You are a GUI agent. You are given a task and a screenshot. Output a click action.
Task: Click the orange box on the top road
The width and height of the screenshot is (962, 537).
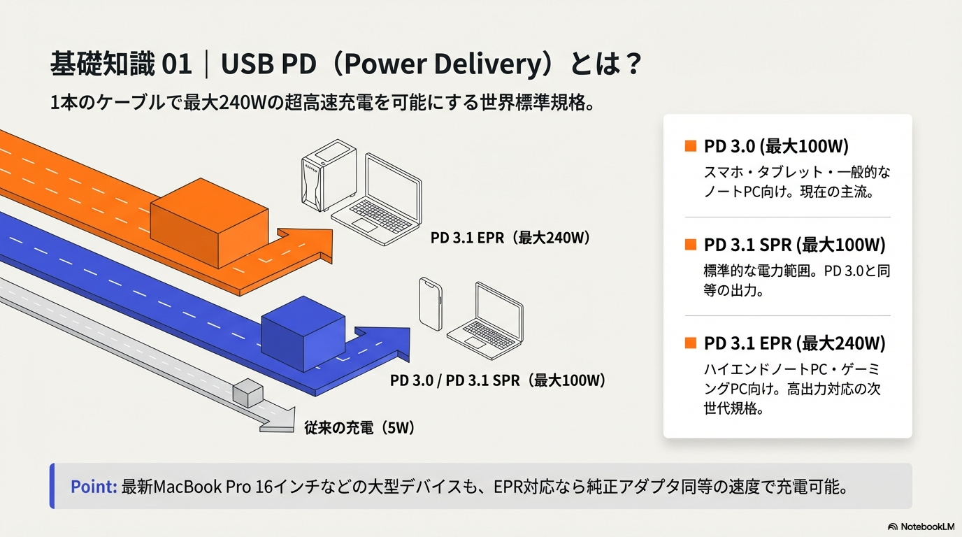tap(210, 222)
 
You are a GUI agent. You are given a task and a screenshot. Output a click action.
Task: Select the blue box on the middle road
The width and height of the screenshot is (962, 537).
tap(303, 334)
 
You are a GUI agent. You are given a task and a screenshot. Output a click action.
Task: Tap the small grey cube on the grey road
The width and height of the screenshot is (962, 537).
tap(245, 393)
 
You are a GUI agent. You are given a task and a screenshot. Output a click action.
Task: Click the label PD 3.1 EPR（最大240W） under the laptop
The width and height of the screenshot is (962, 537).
tap(511, 238)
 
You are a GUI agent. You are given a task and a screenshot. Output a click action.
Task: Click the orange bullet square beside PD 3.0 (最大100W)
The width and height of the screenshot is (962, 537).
tap(691, 146)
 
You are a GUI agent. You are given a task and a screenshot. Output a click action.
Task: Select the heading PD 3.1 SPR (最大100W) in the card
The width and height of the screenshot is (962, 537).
tap(794, 245)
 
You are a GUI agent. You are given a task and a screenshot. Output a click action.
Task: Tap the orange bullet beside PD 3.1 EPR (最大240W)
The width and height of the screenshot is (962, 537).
tap(691, 343)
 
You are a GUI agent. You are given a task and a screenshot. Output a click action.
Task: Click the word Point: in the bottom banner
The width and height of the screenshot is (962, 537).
tap(93, 487)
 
